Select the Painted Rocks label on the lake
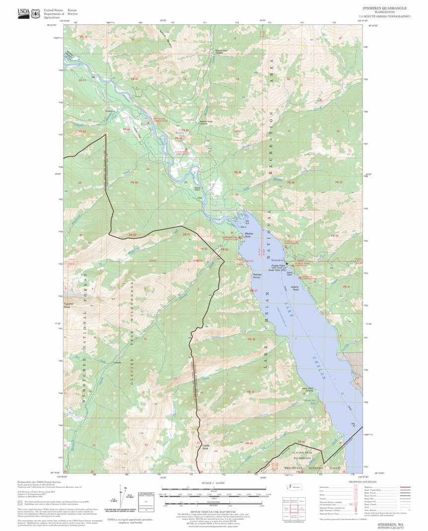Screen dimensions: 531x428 point(257,275)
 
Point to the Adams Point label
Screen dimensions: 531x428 point(295,288)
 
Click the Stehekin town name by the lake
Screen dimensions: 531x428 point(277,260)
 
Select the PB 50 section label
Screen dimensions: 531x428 point(132,235)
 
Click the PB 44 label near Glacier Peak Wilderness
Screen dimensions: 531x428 point(300,442)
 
